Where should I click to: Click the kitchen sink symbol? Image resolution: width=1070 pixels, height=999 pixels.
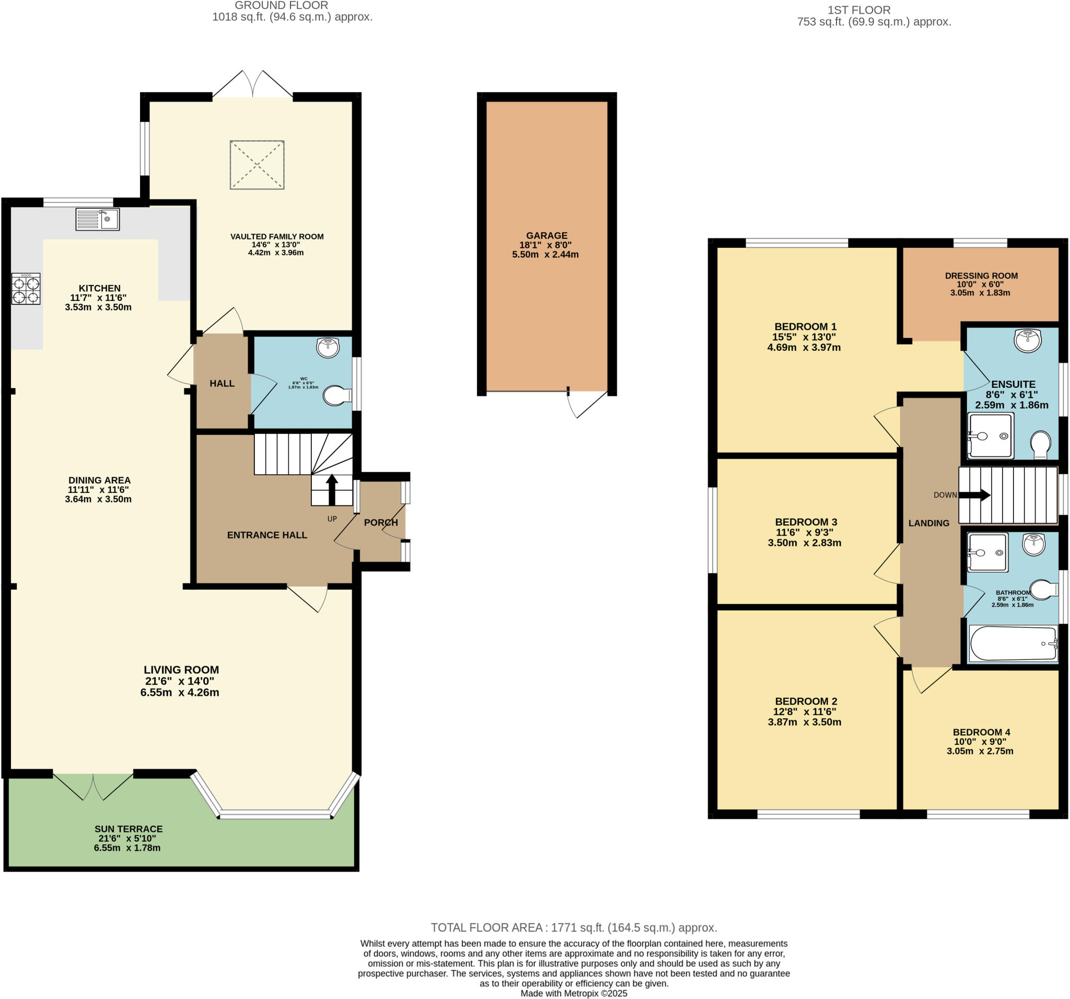click(97, 219)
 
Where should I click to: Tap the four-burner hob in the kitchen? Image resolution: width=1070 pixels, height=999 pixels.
click(26, 289)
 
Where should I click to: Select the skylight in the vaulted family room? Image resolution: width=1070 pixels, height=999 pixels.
click(257, 165)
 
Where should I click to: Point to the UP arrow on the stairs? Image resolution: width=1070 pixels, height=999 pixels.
click(332, 489)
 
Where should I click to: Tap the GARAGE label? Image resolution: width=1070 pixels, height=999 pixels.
click(546, 235)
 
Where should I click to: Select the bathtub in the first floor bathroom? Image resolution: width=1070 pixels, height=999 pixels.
click(1013, 643)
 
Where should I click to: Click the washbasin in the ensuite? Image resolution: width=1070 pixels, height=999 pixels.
click(1028, 340)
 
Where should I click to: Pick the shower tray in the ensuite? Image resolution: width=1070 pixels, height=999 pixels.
click(990, 435)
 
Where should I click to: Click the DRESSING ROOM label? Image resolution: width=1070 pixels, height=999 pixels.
click(981, 275)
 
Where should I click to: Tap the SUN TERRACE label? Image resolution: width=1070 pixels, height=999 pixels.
click(128, 829)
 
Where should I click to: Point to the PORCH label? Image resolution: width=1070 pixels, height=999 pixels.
click(380, 522)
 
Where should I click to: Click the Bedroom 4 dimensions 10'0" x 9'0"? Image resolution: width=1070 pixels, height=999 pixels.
click(980, 742)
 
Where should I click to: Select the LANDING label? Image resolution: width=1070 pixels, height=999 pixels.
click(928, 523)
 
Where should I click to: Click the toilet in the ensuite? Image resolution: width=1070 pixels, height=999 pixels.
click(1040, 444)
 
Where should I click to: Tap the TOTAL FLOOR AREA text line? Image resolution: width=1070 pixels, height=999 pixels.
click(573, 927)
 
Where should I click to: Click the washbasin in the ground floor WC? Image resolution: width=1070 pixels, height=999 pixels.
click(328, 347)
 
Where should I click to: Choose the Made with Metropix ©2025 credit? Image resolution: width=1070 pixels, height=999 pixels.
click(573, 993)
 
